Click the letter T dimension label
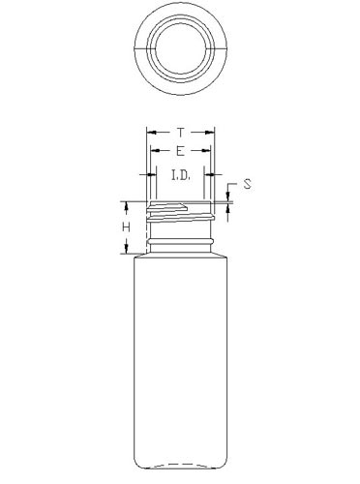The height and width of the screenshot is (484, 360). pos(181,133)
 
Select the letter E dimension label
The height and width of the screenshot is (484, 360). pos(181,151)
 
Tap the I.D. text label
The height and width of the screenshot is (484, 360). pos(181,176)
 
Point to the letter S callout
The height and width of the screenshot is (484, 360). pos(248,184)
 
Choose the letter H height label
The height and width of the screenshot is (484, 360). pos(126,227)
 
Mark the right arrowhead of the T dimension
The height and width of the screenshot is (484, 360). pos(210,133)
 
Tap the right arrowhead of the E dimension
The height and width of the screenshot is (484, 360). pos(206,151)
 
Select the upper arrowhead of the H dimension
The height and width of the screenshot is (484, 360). pos(126,207)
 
